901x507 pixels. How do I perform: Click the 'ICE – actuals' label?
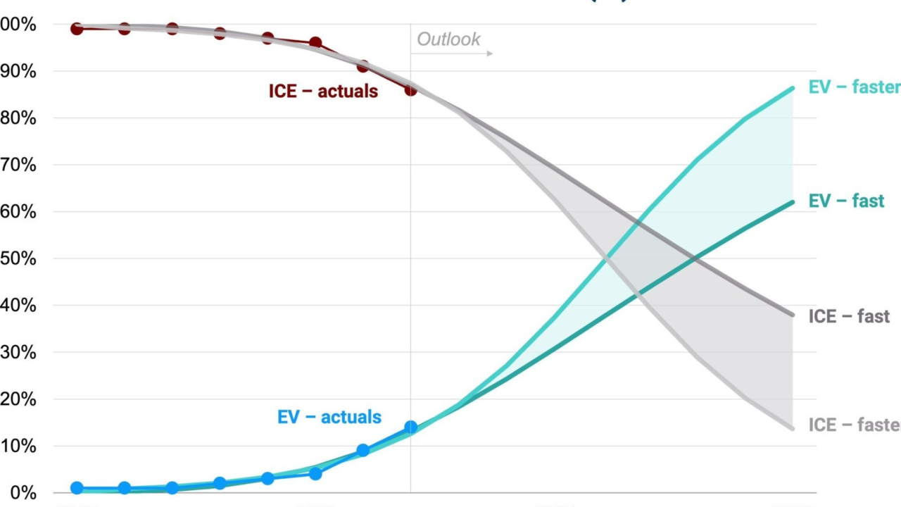(323, 91)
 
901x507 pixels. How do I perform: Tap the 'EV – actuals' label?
(329, 417)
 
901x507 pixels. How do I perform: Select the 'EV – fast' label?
(846, 201)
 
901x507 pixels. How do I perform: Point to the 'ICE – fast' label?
(849, 316)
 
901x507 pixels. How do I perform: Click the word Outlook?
(448, 39)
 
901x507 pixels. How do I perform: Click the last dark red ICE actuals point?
(410, 89)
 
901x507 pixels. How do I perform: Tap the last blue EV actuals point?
(410, 427)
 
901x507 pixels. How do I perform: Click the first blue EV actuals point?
(77, 488)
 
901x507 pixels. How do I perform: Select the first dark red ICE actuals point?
(77, 29)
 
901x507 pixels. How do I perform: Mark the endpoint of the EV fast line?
(793, 203)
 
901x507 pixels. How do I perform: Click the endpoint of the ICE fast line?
(793, 315)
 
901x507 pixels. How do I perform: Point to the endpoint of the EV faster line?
(793, 89)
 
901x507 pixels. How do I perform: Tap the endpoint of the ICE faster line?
(793, 428)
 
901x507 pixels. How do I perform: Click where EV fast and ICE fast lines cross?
(695, 259)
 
